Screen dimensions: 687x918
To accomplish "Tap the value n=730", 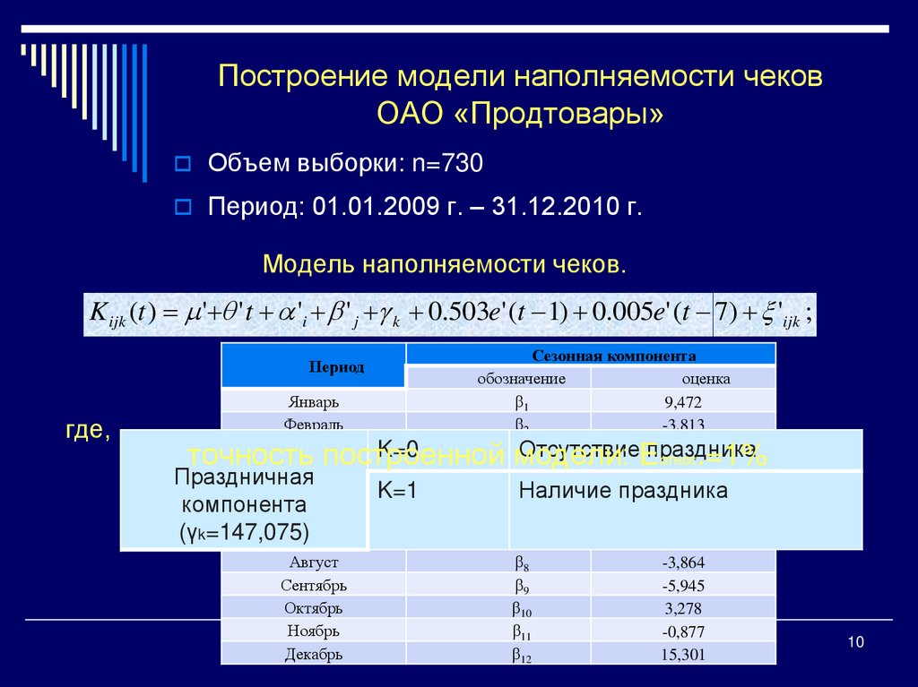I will click(447, 163).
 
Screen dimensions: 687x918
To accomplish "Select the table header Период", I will click(336, 367).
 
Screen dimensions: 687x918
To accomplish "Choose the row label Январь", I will click(314, 401).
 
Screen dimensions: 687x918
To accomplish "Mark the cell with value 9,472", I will click(683, 401).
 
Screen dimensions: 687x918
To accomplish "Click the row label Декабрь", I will click(314, 655).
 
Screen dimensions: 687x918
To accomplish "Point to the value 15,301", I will click(683, 655).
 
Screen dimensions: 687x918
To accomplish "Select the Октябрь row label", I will click(314, 609).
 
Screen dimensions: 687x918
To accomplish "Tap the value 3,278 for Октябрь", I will click(683, 609).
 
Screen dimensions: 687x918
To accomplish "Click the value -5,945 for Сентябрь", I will click(683, 586).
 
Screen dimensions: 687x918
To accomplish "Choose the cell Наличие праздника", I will click(623, 491).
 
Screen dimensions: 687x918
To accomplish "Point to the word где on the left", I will click(86, 431).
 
